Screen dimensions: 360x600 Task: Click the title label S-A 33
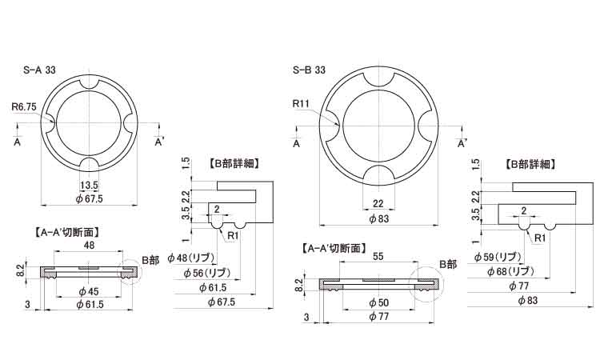point(39,70)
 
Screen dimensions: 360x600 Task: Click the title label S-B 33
point(309,70)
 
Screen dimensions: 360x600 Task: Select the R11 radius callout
point(302,104)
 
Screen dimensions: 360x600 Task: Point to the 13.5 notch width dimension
point(89,185)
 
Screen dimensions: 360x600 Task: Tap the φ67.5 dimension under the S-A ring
point(89,198)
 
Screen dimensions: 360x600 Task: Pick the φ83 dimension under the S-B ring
point(378,218)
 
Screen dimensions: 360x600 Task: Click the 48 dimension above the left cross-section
point(89,246)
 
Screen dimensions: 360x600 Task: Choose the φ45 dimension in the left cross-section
point(89,290)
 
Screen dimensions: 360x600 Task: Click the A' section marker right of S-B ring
point(462,144)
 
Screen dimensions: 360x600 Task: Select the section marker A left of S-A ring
point(17,142)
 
